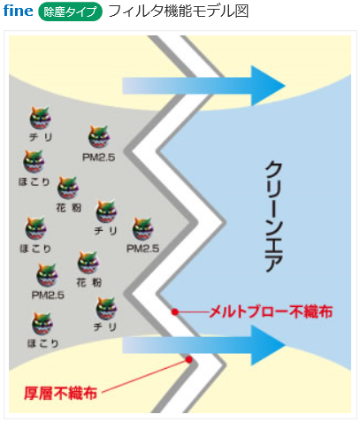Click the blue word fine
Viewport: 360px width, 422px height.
18,11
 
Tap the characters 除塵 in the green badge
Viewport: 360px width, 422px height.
53,12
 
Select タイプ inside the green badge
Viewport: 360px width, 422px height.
80,12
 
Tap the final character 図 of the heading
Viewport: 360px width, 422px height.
241,12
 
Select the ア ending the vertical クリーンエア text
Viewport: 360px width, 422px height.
274,262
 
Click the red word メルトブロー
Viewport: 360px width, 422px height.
249,311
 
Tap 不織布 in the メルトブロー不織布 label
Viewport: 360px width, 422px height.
310,311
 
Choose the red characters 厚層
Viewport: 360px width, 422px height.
39,393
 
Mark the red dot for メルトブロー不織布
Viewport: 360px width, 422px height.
175,311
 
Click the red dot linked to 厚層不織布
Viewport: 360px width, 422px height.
189,359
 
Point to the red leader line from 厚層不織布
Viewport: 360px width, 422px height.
145,376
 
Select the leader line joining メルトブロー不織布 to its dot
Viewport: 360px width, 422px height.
192,311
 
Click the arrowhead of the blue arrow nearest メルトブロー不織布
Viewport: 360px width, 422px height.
268,345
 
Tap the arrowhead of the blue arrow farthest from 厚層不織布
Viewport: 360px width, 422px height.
268,86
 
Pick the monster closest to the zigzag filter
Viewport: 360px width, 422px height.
143,228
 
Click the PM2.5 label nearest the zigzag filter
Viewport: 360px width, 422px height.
143,249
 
